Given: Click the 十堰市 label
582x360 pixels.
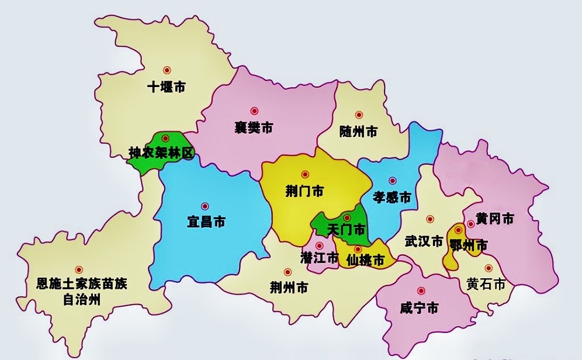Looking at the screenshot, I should click(x=166, y=88).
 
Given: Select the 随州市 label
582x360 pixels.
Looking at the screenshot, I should click(x=358, y=132).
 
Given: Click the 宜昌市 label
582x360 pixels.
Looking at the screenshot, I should click(x=206, y=223).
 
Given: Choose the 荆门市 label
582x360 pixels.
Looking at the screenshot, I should click(x=304, y=191).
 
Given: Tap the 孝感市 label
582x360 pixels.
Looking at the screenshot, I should click(x=392, y=198).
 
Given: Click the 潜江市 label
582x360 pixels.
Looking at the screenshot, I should click(x=319, y=257).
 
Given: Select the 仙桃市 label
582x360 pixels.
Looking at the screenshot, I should click(x=365, y=260).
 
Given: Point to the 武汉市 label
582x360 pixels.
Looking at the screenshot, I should click(x=424, y=241).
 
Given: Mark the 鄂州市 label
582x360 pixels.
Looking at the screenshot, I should click(x=468, y=246).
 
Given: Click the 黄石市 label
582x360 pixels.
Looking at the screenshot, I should click(x=486, y=285).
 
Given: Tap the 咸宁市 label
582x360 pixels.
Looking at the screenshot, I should click(x=419, y=308).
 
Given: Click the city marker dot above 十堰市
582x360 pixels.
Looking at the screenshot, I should click(x=167, y=70).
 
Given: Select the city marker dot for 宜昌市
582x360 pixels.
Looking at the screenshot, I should click(x=205, y=206).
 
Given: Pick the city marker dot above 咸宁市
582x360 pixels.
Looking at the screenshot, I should click(x=421, y=291).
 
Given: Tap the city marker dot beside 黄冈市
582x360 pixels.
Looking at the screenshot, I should click(x=470, y=224).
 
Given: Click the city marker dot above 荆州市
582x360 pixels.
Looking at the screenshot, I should click(x=287, y=272).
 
